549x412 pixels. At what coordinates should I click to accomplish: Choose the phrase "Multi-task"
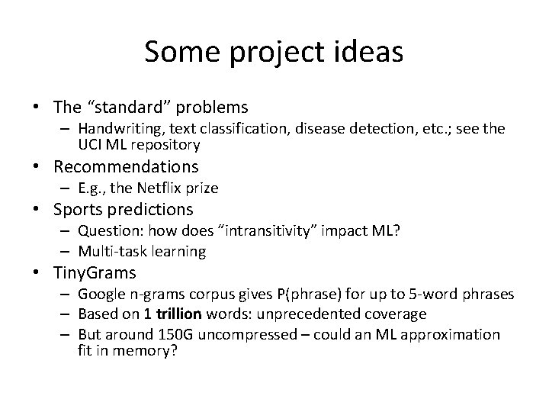tap(114, 251)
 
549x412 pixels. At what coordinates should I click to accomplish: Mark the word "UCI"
tap(91, 144)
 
